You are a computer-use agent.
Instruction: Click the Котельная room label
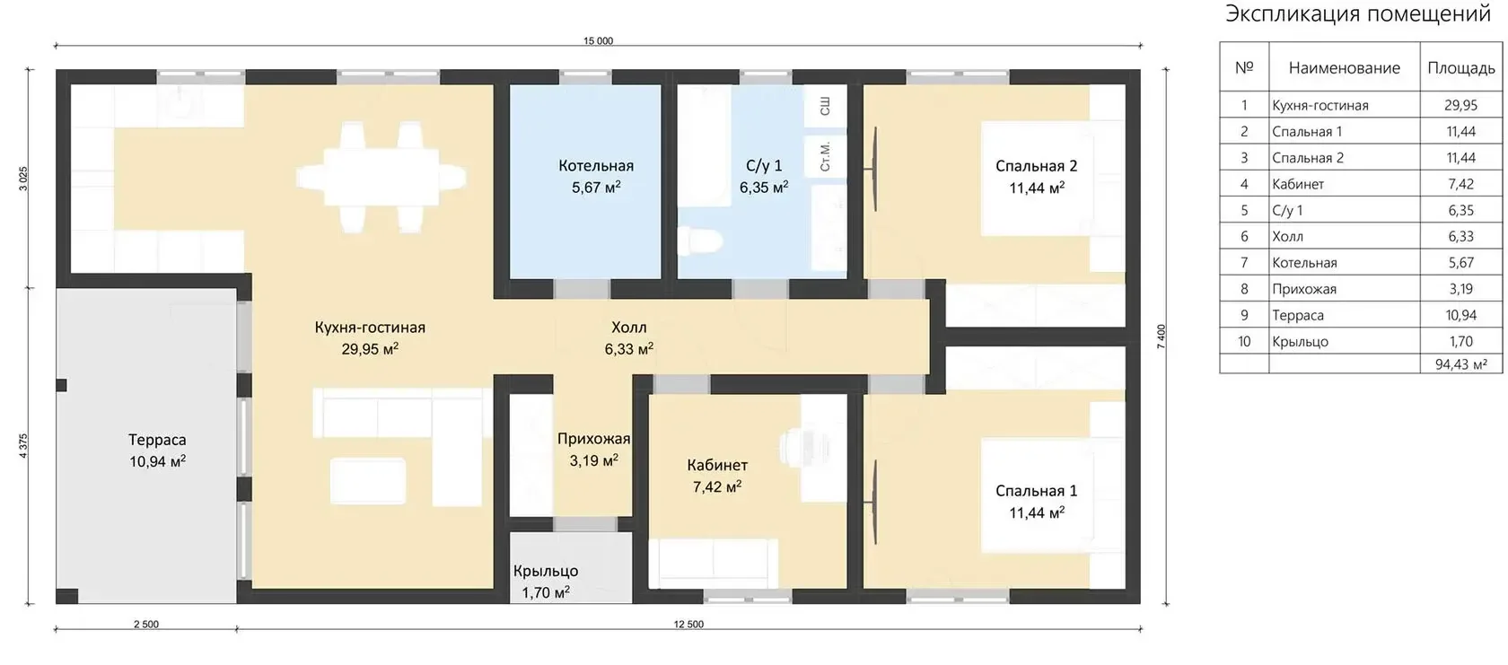[x=596, y=165]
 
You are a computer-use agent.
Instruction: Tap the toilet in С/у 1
[x=699, y=241]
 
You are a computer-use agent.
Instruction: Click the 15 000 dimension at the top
[x=598, y=41]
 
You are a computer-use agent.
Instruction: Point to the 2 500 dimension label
[x=146, y=624]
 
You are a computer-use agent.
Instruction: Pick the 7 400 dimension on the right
[x=1161, y=337]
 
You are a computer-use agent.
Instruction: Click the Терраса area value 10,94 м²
[x=158, y=461]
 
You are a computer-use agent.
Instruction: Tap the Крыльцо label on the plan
[x=546, y=571]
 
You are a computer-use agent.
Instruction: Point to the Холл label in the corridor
[x=628, y=328]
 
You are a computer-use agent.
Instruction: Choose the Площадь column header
[x=1461, y=68]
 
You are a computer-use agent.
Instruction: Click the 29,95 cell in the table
[x=1460, y=106]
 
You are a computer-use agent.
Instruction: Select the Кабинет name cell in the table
[x=1298, y=185]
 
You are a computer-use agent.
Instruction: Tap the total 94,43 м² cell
[x=1461, y=364]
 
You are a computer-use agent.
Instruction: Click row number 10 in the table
[x=1244, y=342]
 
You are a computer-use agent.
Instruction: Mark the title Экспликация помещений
[x=1358, y=13]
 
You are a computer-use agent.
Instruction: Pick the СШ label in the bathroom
[x=825, y=106]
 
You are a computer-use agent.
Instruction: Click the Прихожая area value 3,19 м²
[x=594, y=461]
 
